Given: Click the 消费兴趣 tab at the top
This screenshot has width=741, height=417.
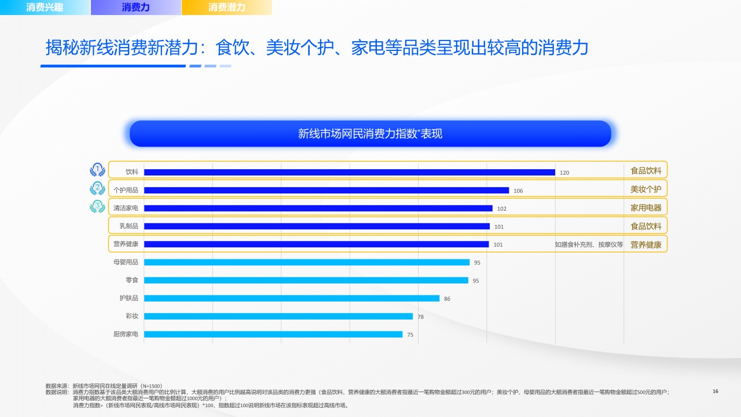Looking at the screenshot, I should (x=45, y=8).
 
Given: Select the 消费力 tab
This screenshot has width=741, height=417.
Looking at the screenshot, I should (x=136, y=8).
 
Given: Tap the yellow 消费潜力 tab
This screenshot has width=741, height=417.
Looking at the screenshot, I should (x=226, y=8).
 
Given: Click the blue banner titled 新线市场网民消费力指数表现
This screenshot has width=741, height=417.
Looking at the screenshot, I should (x=370, y=134).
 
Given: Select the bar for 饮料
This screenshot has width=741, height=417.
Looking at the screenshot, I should (x=349, y=172).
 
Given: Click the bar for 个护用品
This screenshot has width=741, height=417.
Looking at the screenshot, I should (x=326, y=190).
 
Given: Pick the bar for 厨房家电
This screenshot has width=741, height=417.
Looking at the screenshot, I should (x=273, y=334).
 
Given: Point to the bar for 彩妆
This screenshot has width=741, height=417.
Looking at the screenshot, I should (x=278, y=316).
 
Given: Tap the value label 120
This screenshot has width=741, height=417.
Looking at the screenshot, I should (x=564, y=173).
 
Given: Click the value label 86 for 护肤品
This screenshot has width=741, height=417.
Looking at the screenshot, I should (x=447, y=299).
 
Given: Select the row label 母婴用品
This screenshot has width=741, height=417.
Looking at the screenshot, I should (x=126, y=262).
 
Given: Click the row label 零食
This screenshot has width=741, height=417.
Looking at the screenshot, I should (x=131, y=280).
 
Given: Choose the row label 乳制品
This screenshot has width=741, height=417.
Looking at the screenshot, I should (x=129, y=226).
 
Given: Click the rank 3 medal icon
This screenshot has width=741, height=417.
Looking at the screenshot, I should (x=98, y=206).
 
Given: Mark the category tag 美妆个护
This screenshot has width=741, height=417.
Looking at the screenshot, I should (x=645, y=189).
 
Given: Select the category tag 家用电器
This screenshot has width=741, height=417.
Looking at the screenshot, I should (x=645, y=207).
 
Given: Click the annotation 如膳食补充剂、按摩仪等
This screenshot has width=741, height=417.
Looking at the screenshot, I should (x=589, y=244).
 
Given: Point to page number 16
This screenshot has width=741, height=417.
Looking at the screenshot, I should (x=715, y=392).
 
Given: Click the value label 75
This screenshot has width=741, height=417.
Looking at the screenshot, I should (x=410, y=335).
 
